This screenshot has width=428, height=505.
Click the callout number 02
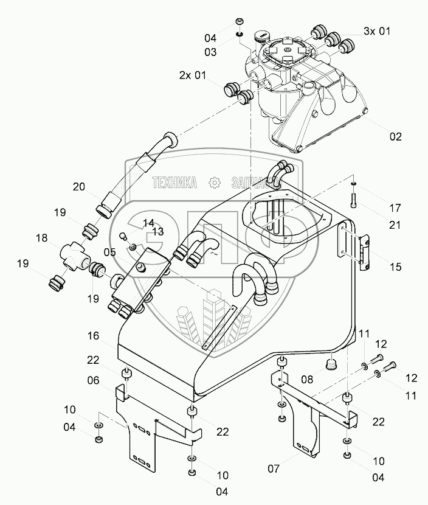coord(396,137)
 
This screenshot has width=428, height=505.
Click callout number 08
coord(307,378)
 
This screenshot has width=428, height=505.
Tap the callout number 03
coord(210,53)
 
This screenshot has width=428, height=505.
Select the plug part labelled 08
coord(331,364)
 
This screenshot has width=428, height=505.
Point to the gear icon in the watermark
coord(213,181)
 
